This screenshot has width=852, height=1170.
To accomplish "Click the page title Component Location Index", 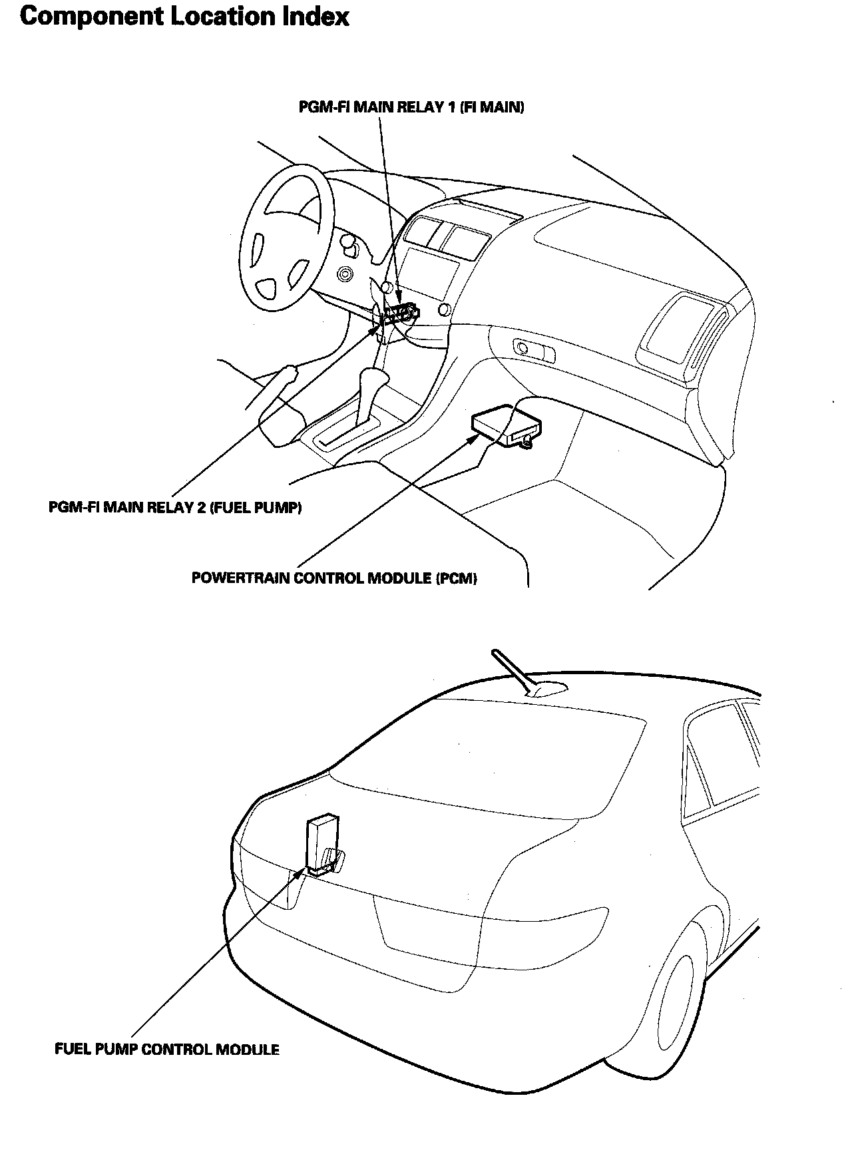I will pos(184,17).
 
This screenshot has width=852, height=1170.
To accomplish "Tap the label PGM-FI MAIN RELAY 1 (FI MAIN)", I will pos(411,108).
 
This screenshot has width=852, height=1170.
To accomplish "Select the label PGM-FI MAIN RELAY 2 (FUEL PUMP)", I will pos(175,508).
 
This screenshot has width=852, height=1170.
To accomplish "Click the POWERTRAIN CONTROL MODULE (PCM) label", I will pos(334,578).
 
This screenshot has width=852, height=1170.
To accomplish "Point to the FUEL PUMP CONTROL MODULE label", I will pos(166,1050).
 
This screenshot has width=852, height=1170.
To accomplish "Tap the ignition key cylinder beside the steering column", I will pos(345,274).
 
